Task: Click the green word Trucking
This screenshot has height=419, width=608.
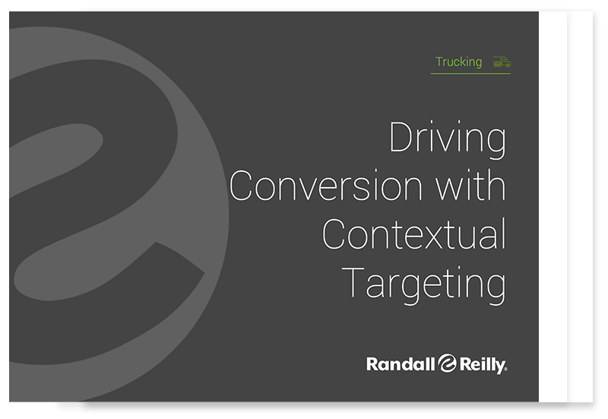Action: coord(459,62)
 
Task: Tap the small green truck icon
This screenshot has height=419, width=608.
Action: coord(502,62)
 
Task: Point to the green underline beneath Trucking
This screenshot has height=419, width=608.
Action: coord(470,73)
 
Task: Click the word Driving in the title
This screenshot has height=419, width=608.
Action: coord(448,139)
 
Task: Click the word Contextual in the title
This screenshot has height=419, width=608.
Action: coord(414,233)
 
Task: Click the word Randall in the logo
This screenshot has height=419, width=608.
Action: coord(401,364)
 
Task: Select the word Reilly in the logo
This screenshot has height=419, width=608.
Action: coord(483,365)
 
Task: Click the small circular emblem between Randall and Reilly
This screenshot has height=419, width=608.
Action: coord(448,363)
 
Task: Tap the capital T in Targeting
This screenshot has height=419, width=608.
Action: coord(353,282)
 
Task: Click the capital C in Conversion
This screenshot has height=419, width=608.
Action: coord(241,186)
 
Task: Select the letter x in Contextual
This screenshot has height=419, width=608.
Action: coord(432,237)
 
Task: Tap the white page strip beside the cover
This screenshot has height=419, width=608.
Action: coord(553,206)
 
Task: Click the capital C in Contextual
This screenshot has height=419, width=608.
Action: coord(334,233)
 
